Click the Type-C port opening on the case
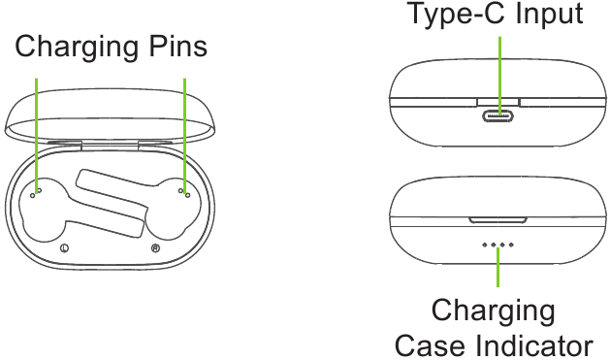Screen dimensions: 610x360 click(498, 115)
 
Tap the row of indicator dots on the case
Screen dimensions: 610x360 click(498, 245)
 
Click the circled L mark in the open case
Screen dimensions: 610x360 click(64, 248)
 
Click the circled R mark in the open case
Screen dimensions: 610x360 click(155, 248)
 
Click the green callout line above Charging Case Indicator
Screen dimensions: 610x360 click(498, 268)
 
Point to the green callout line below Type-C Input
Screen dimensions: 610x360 click(498, 68)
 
